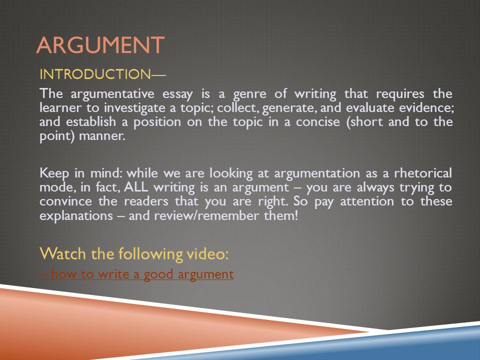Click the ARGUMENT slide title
[100, 45]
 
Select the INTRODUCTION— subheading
[102, 74]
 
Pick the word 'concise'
[318, 122]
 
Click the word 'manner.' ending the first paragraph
[102, 136]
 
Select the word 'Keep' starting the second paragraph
[54, 174]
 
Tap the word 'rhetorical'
[423, 173]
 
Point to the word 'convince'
[65, 201]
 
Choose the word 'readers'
[146, 201]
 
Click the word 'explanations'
[76, 216]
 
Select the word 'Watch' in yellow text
[62, 253]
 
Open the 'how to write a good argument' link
[137, 274]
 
